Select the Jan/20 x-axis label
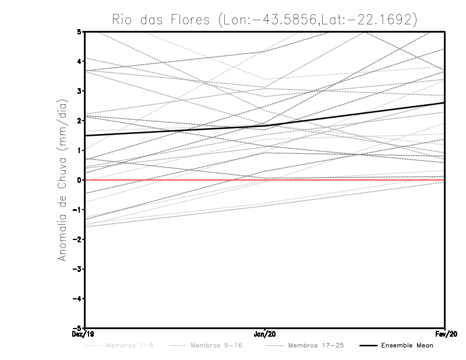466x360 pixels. coord(265,334)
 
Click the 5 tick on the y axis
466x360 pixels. coord(79,31)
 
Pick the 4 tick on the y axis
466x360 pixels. coord(79,61)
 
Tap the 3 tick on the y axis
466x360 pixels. coord(79,91)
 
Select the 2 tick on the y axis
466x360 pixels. coord(79,121)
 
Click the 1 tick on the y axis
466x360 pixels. coord(79,150)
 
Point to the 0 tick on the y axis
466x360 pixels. coord(79,180)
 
